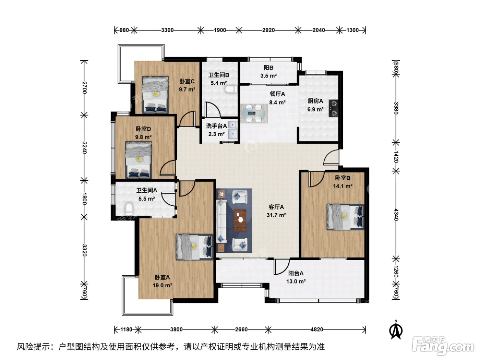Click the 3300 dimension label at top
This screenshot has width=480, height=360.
pyautogui.click(x=167, y=30)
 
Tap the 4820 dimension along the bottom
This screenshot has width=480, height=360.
pyautogui.click(x=317, y=329)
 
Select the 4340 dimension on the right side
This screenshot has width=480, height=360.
pyautogui.click(x=396, y=215)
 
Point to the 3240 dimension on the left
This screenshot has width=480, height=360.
pyautogui.click(x=85, y=147)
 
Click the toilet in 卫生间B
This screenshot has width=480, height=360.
pyautogui.click(x=230, y=89)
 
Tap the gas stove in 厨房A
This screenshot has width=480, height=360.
pyautogui.click(x=334, y=108)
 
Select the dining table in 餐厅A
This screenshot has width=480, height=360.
pyautogui.click(x=254, y=113)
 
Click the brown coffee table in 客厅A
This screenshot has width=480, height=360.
pyautogui.click(x=240, y=220)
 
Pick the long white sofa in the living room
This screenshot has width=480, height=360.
pyautogui.click(x=221, y=221)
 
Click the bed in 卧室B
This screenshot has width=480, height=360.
pyautogui.click(x=346, y=217)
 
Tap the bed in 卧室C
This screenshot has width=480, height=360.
pyautogui.click(x=155, y=94)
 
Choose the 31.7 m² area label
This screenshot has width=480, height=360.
pyautogui.click(x=276, y=215)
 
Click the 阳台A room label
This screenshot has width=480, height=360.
pyautogui.click(x=296, y=273)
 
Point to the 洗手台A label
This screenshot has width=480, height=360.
pyautogui.click(x=216, y=126)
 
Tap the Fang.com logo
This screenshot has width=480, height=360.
pyautogui.click(x=443, y=346)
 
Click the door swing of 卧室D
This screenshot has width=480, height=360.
pyautogui.click(x=168, y=168)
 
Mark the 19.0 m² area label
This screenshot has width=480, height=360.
pyautogui.click(x=162, y=286)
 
